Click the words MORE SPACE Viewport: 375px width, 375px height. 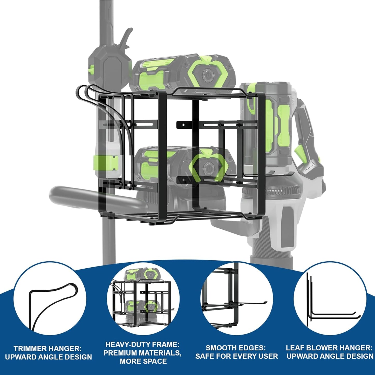click(x=143, y=361)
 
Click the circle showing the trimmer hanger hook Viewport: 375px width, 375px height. click(x=50, y=298)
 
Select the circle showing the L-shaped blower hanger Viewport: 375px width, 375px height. click(x=330, y=298)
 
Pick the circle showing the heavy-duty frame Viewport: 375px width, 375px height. click(x=143, y=298)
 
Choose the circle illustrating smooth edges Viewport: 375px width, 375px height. click(x=237, y=298)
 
